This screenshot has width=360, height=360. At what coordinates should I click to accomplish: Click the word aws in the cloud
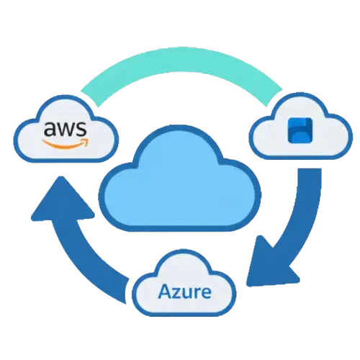click(x=66, y=130)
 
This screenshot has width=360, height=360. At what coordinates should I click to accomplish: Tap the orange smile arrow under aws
click(x=66, y=142)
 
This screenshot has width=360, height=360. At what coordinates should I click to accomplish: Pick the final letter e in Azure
click(x=206, y=294)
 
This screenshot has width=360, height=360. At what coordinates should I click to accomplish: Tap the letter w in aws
click(x=66, y=131)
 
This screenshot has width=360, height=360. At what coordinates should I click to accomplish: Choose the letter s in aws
click(x=81, y=131)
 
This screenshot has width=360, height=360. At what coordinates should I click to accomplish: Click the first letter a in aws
click(x=51, y=131)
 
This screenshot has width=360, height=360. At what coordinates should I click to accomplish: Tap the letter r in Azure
click(x=197, y=294)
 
